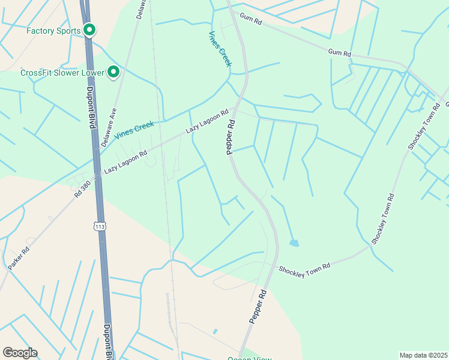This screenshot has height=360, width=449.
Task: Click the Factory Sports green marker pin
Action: [89, 29]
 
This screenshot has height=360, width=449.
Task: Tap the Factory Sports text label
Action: [53, 30]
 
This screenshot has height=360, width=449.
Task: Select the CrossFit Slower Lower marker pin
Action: [113, 73]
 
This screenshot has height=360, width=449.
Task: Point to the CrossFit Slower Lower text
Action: [62, 73]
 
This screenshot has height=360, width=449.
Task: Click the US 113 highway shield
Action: [99, 226]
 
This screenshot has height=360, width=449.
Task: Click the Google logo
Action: [20, 352]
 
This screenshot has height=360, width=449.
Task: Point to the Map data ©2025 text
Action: [423, 355]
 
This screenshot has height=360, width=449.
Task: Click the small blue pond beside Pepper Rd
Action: [294, 243]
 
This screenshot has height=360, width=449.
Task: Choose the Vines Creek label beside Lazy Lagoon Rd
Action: [134, 128]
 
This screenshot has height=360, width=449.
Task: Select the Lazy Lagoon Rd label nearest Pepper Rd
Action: [207, 121]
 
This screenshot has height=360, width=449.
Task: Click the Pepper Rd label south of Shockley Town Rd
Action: [257, 307]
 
